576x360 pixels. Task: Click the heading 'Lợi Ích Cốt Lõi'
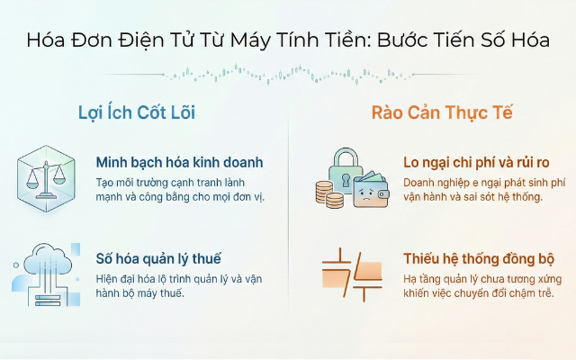tap(137, 113)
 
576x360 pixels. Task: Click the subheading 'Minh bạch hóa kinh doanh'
tap(179, 163)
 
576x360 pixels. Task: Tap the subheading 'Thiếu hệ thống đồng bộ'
tap(479, 260)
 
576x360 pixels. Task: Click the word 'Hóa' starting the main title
tap(44, 40)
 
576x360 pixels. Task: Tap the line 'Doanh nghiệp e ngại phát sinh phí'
tap(485, 181)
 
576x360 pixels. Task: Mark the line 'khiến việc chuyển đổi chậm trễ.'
tap(479, 292)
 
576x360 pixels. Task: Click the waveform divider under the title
tap(287, 72)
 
